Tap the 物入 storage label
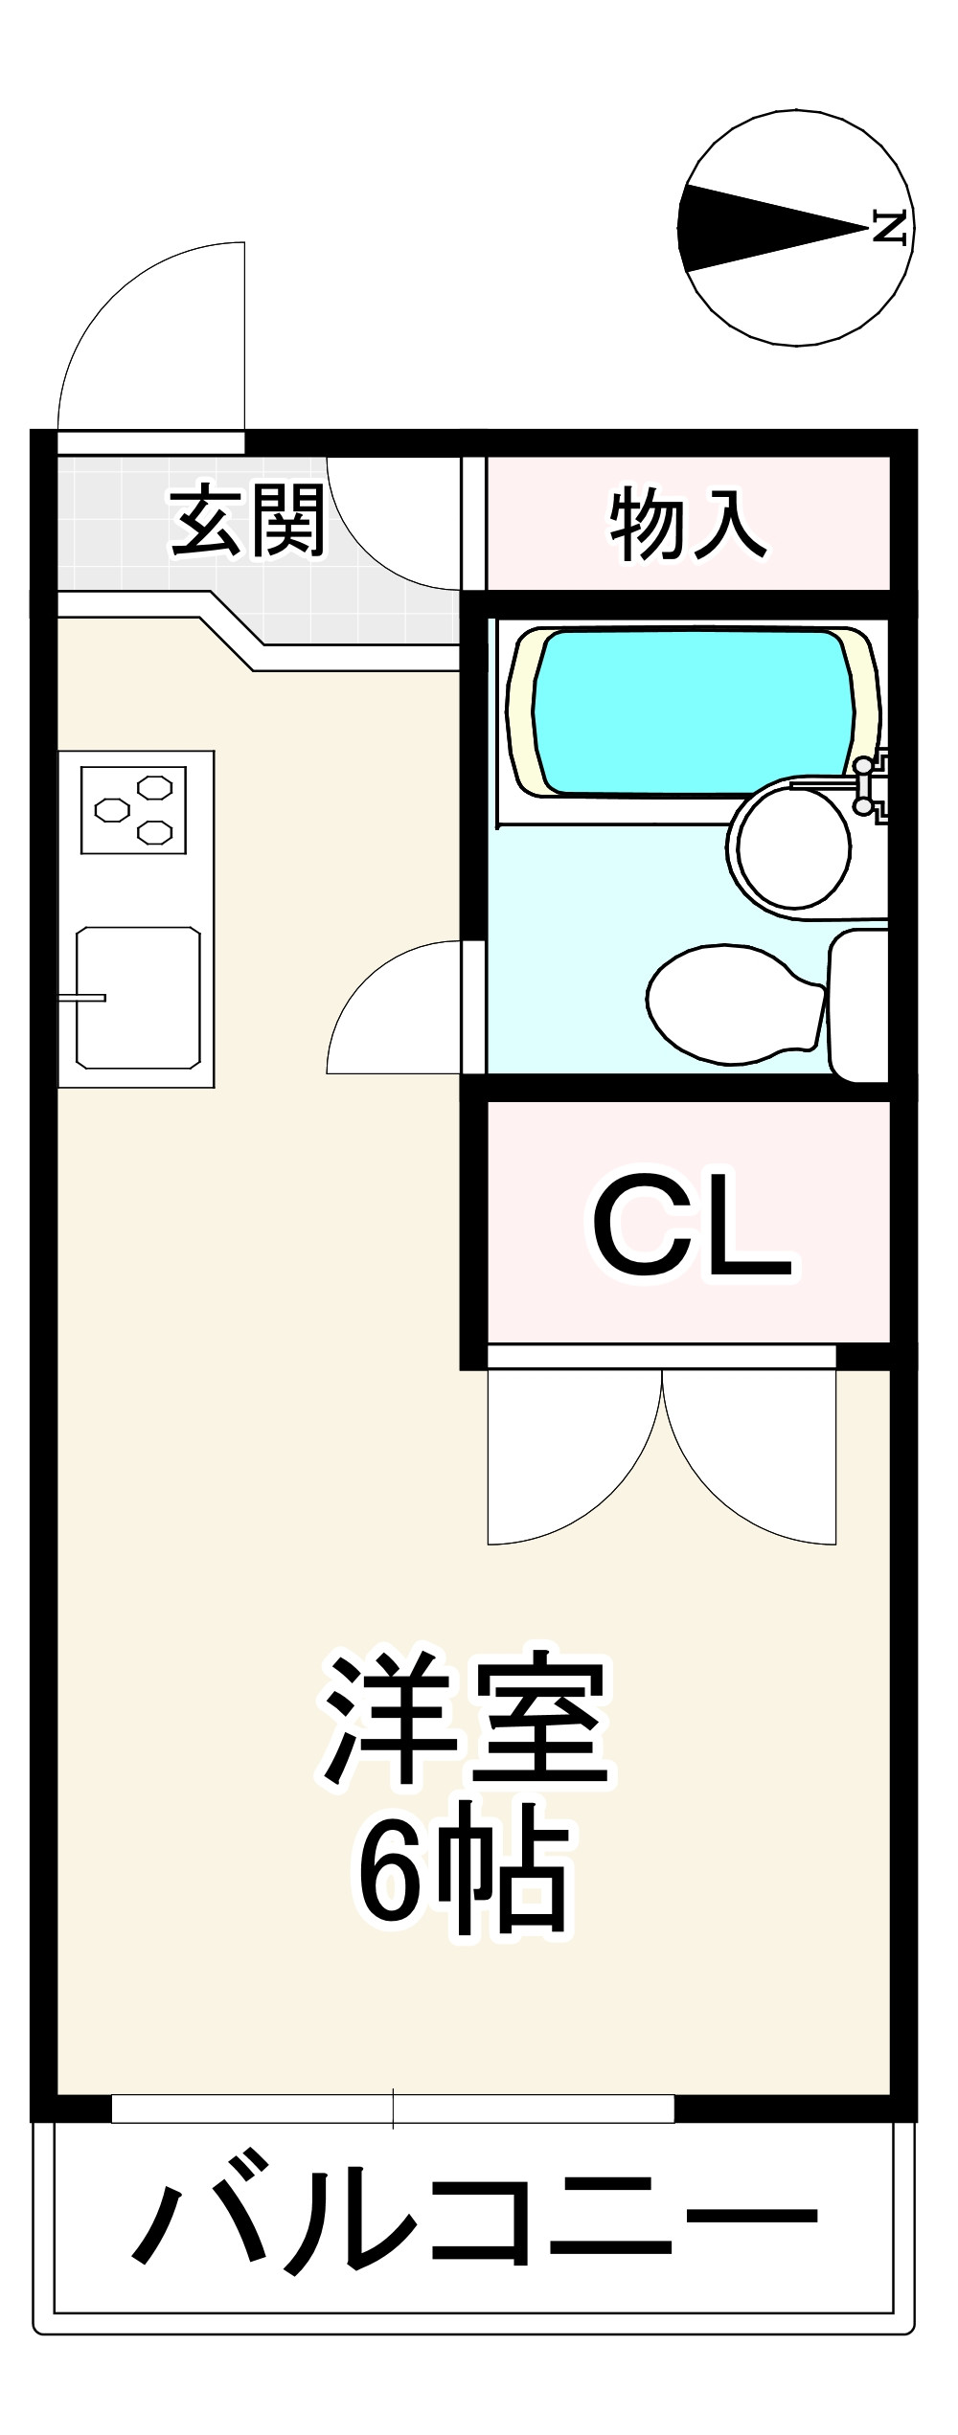point(688,523)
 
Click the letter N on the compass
point(890,228)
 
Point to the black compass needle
point(772,228)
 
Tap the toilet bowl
point(735,1004)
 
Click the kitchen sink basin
point(139,998)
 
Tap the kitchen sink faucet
point(81,998)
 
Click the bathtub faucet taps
point(872,787)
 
